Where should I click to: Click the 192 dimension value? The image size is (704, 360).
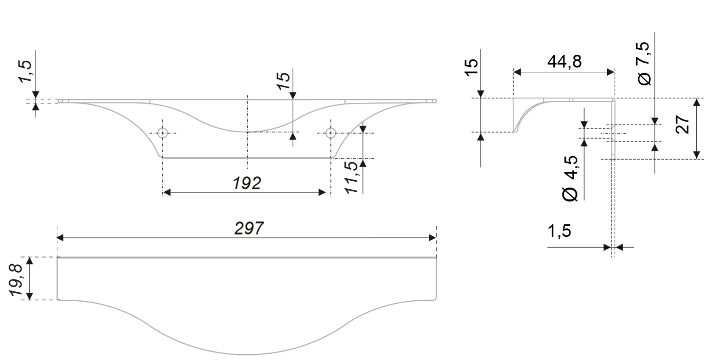(247, 184)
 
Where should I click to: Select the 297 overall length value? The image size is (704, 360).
(249, 228)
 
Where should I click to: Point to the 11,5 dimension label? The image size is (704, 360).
(352, 177)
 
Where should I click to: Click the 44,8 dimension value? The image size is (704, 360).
(564, 62)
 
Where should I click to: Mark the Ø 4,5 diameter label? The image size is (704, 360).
(570, 178)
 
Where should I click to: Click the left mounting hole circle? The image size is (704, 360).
(162, 133)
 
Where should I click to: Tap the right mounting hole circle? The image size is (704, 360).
(330, 133)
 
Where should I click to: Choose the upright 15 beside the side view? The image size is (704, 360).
(471, 66)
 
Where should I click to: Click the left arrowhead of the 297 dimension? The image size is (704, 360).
(61, 238)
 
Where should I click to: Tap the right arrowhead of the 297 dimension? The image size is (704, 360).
(432, 238)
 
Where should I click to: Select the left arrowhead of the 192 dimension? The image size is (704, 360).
(167, 193)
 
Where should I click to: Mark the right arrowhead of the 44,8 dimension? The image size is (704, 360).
(611, 72)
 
